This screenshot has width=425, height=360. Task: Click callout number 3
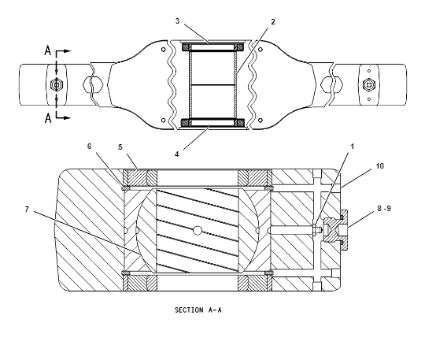pos(177,21)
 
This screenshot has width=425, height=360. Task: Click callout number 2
pos(273,22)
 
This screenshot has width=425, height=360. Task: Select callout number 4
pos(177,154)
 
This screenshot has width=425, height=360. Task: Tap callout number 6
pos(90,147)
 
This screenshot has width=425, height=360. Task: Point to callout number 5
pos(120,147)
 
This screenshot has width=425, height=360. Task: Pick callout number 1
pos(353,147)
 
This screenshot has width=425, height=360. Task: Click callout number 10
pos(380,166)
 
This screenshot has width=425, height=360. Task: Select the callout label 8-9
pos(384,208)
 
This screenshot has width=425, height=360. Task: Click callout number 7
pos(27,210)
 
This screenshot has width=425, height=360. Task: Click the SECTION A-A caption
pos(198,310)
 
